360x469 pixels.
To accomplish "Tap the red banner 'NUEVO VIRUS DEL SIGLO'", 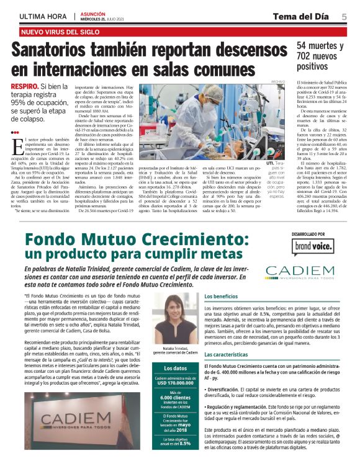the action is click(x=58, y=31).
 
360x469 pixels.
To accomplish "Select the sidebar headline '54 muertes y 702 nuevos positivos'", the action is click(x=319, y=56).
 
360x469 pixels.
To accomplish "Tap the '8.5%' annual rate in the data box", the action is click(x=184, y=445).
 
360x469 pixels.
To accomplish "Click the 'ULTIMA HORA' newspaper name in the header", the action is click(x=42, y=16).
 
